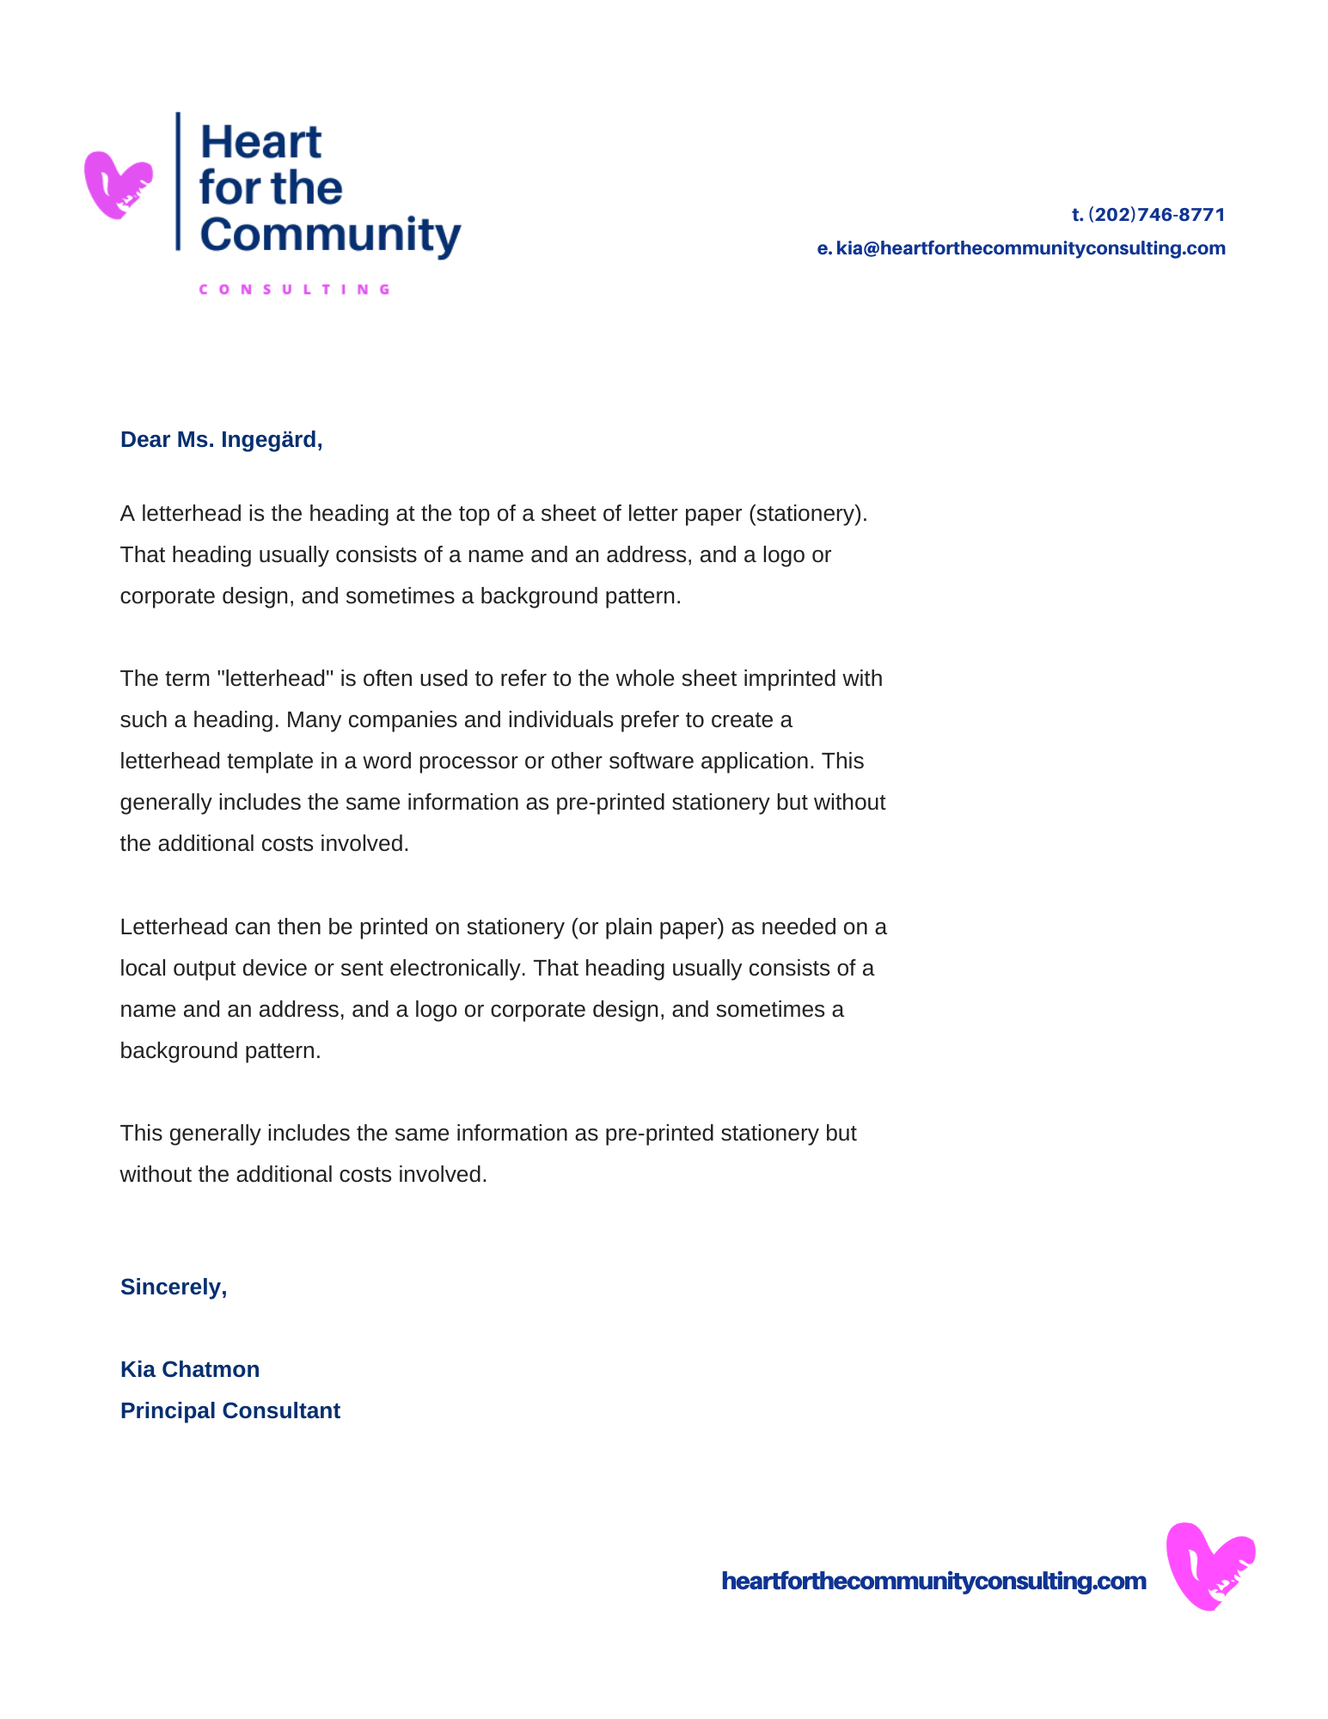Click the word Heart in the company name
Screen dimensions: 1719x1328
point(260,143)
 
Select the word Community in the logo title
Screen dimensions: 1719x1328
point(330,235)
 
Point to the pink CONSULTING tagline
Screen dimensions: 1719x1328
point(295,290)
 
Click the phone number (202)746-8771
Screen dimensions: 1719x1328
point(1156,215)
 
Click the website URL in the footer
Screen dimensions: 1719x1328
point(933,1581)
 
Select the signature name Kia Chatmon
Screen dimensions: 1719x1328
point(190,1369)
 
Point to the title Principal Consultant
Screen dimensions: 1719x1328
point(230,1410)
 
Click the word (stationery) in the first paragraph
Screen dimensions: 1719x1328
point(808,514)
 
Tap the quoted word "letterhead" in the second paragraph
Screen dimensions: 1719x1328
point(275,679)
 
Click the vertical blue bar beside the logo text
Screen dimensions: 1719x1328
point(178,181)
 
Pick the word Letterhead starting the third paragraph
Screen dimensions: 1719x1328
point(173,927)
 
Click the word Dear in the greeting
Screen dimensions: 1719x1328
point(145,440)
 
